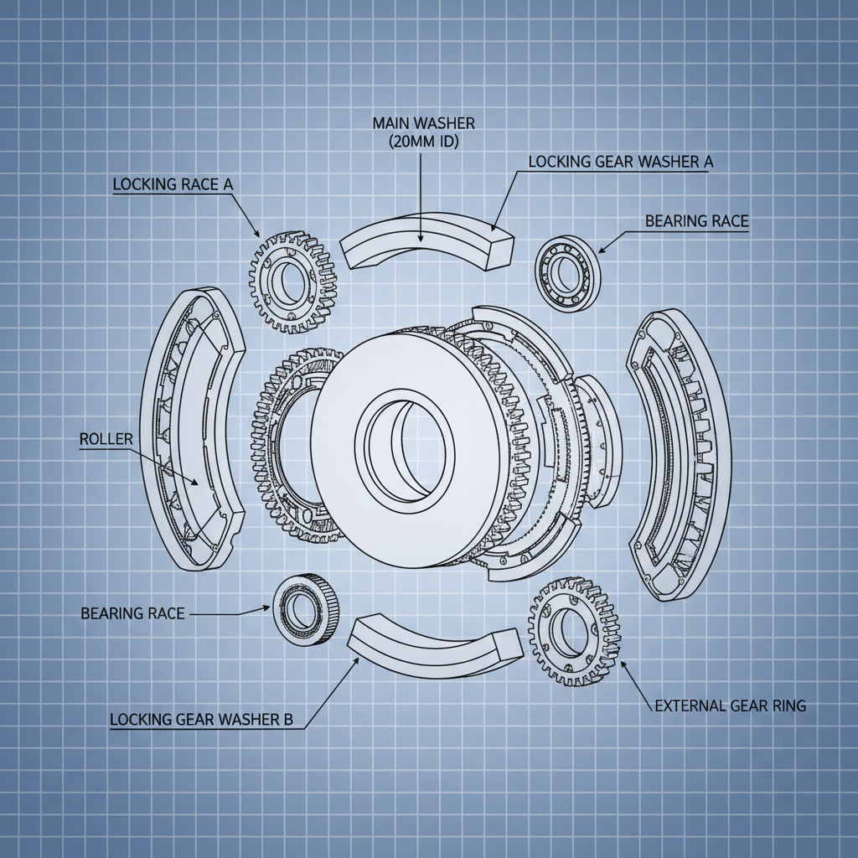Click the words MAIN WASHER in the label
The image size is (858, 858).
pyautogui.click(x=423, y=123)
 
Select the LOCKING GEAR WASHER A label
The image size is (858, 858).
pyautogui.click(x=620, y=163)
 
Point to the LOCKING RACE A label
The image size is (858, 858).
pyautogui.click(x=172, y=185)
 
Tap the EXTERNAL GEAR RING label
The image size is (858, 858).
pyautogui.click(x=729, y=706)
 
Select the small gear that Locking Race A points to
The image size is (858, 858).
pyautogui.click(x=292, y=281)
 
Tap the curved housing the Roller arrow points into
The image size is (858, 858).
pyautogui.click(x=191, y=428)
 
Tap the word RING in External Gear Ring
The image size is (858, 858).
pyautogui.click(x=787, y=706)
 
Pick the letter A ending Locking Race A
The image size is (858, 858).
pyautogui.click(x=226, y=185)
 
